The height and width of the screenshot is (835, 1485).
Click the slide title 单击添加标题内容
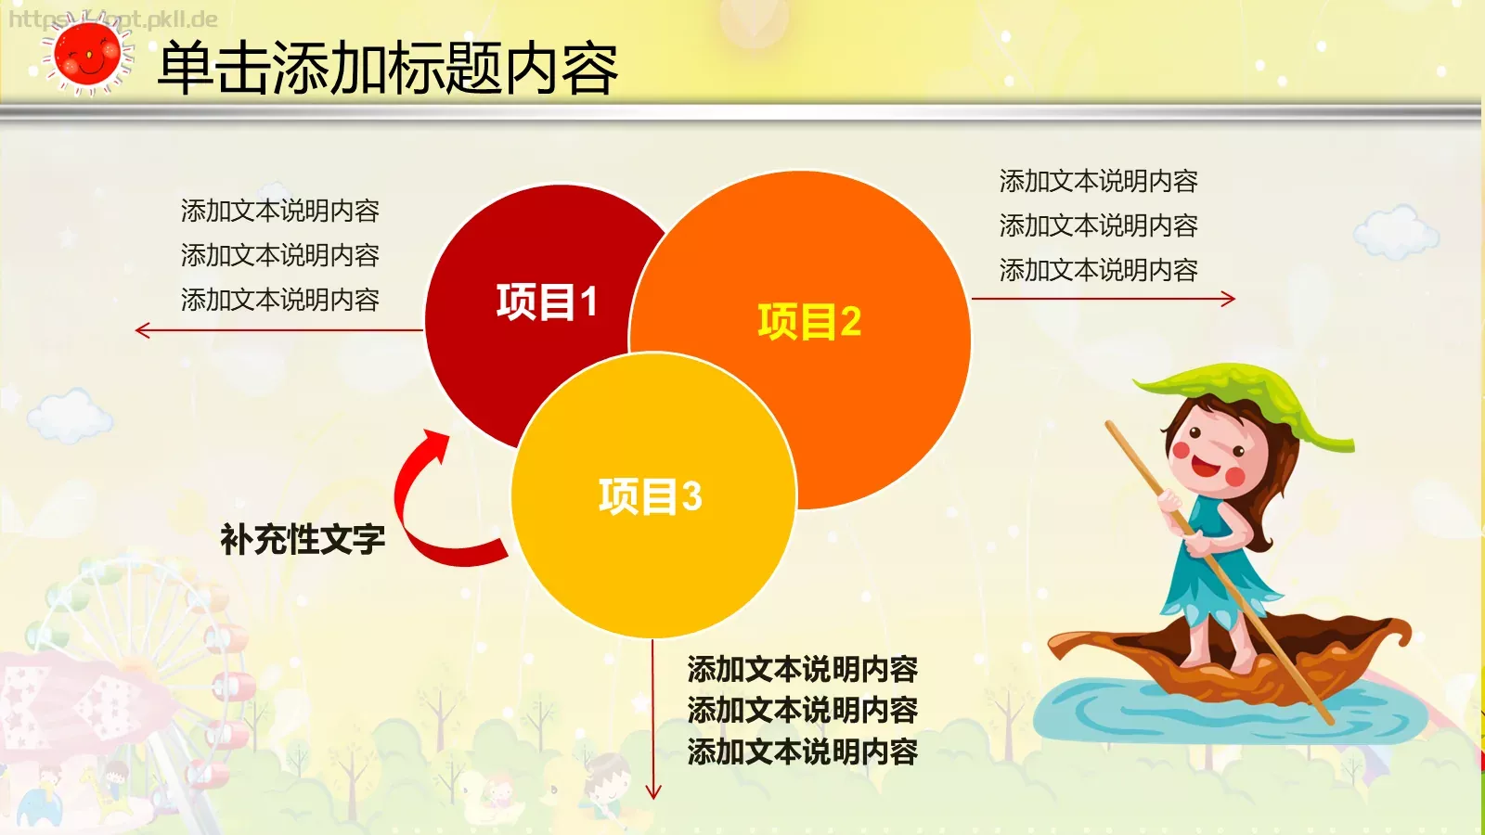coord(388,69)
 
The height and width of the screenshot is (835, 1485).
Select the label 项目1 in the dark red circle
coord(547,302)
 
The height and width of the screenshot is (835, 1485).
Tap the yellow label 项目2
coord(809,322)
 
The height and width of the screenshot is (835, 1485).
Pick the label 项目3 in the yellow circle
coord(650,496)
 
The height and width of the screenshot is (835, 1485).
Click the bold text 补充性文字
coord(303,539)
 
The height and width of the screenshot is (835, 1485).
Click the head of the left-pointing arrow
coord(142,330)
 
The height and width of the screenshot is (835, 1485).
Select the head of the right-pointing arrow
coord(1229,299)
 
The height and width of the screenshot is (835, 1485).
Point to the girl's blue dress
coord(1216,557)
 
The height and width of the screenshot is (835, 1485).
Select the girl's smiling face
coord(1211,450)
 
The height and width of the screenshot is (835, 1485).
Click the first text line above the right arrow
coord(1098,181)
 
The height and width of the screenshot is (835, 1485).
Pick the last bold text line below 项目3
coord(802,751)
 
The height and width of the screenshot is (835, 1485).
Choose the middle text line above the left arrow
coord(279,255)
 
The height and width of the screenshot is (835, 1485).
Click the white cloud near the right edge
coord(1397,232)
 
